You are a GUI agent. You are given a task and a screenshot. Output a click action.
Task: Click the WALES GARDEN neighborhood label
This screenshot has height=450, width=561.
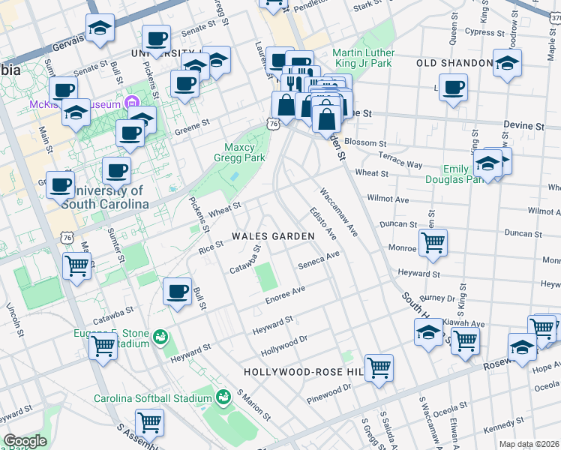click(273, 235)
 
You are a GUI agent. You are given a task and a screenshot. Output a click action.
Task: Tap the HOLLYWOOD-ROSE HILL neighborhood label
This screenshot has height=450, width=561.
click(303, 372)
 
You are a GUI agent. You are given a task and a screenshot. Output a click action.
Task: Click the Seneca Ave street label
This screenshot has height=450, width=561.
click(319, 259)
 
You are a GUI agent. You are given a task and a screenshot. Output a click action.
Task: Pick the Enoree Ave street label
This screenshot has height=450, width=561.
click(284, 295)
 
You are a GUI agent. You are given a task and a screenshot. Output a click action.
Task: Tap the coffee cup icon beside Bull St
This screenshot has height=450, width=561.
click(178, 290)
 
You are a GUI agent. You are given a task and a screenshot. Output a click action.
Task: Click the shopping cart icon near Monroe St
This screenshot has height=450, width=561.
click(433, 242)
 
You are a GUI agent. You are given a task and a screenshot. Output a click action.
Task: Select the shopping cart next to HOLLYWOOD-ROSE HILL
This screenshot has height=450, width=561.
click(379, 367)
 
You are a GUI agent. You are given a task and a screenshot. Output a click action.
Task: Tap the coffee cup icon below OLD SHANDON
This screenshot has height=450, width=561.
click(453, 86)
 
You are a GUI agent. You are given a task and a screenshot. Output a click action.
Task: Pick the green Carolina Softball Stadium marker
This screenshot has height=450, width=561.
click(222, 397)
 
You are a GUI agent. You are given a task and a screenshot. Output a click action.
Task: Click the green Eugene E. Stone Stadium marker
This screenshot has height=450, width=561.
click(158, 337)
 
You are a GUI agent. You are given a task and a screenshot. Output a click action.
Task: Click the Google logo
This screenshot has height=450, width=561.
click(25, 441)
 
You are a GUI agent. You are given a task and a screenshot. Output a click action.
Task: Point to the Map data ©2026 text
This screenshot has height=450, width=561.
click(529, 444)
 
